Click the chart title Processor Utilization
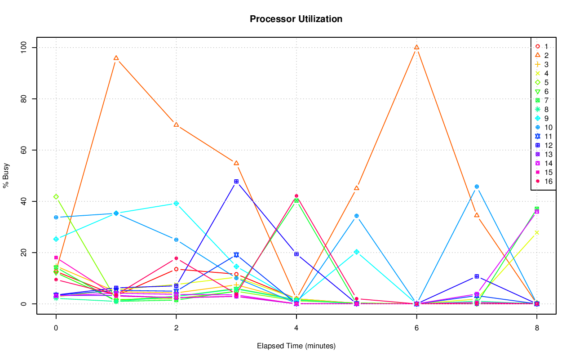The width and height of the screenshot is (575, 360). (296, 19)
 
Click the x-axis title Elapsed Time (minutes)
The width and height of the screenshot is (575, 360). (296, 346)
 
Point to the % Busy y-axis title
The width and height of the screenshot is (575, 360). (6, 175)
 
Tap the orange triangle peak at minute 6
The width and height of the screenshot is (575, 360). (416, 47)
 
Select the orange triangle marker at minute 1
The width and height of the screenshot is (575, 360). (116, 58)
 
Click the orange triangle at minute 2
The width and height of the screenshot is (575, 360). (176, 124)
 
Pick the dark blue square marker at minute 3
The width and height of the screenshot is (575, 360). (236, 182)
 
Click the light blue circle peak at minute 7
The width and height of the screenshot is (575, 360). (477, 187)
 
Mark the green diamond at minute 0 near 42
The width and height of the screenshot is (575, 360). (56, 196)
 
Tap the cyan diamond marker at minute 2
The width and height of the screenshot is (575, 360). (176, 204)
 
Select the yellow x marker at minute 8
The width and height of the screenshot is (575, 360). (537, 232)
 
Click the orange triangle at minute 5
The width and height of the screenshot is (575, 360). (357, 188)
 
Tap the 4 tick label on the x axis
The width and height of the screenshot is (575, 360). (296, 328)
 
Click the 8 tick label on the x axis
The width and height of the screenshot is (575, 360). (537, 328)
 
